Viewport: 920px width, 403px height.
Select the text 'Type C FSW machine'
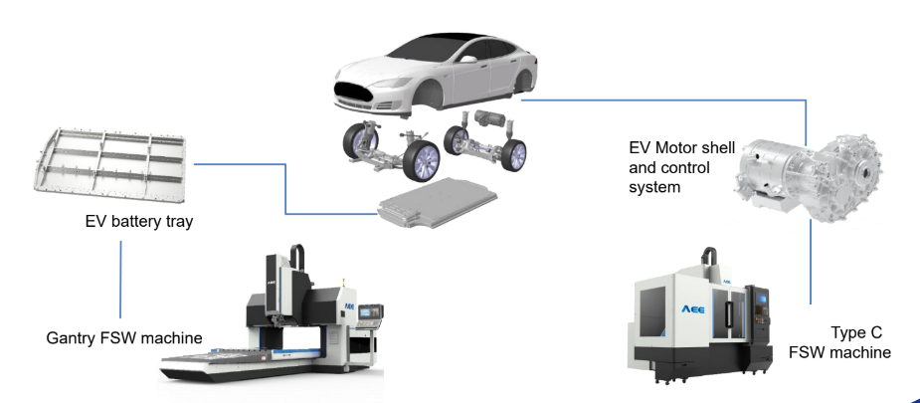(839, 342)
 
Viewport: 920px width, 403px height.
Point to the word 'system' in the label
(654, 185)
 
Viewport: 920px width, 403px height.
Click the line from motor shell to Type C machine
(811, 264)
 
